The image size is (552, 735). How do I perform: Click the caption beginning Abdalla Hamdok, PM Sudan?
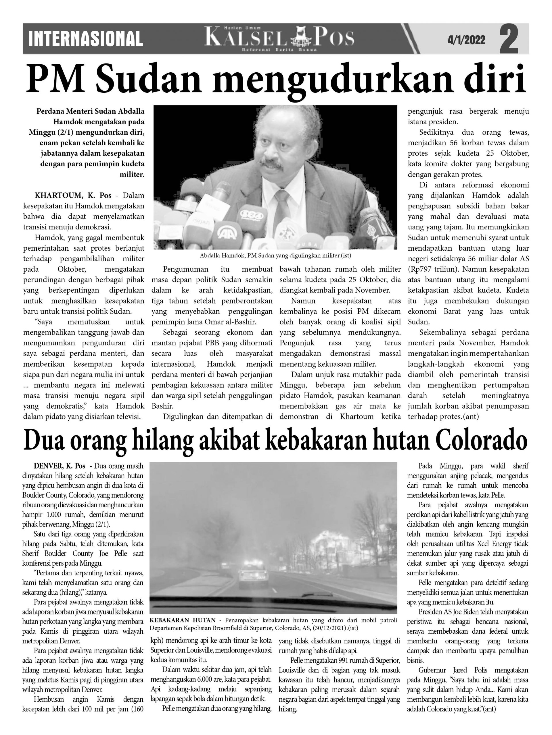pyautogui.click(x=275, y=256)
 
